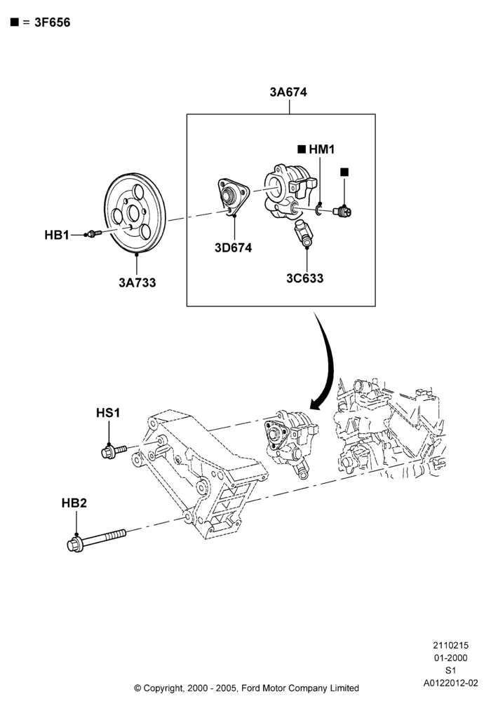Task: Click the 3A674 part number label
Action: click(x=288, y=92)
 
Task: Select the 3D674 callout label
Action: click(x=233, y=247)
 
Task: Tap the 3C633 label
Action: click(x=304, y=278)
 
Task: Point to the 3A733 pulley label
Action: click(x=137, y=283)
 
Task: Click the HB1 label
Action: click(x=57, y=235)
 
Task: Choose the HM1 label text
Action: click(x=321, y=149)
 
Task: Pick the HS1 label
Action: click(x=108, y=413)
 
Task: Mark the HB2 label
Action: click(x=74, y=503)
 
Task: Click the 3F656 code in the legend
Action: click(x=53, y=22)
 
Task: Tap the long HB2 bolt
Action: click(x=97, y=540)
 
